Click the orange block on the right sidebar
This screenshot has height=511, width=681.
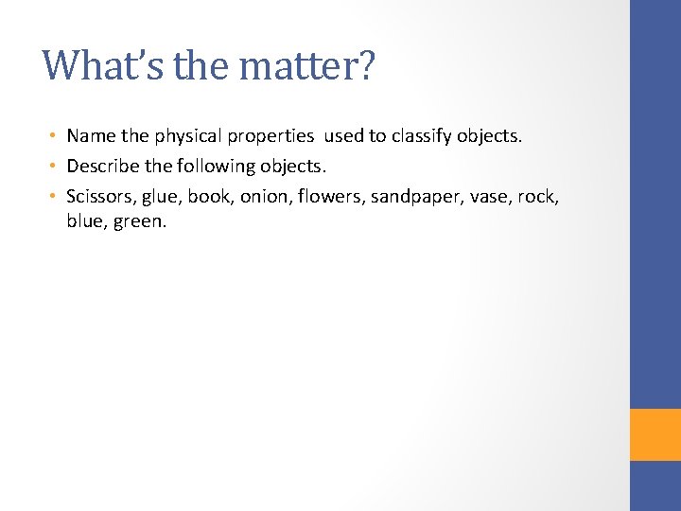655,434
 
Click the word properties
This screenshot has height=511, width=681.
268,136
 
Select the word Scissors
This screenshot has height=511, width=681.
98,197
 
